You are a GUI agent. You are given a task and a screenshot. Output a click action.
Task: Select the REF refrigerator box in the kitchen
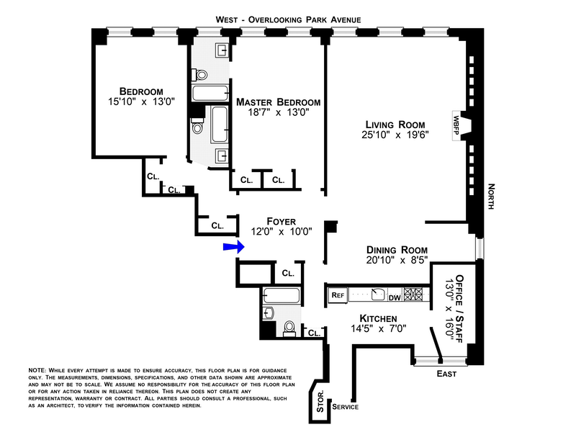point(338,295)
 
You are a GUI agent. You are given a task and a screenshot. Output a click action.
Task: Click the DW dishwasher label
point(395,295)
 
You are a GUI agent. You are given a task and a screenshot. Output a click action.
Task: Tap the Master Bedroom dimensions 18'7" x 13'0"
point(278,114)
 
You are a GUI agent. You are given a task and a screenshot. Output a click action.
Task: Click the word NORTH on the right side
point(491,194)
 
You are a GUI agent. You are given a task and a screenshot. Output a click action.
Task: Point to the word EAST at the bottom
point(447,374)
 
